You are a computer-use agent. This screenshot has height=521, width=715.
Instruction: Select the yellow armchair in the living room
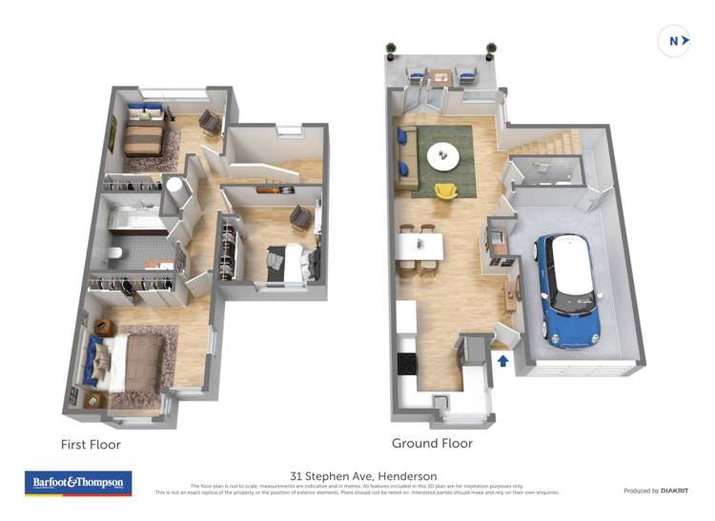click(445, 191)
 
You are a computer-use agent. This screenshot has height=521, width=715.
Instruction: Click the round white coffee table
click(441, 156)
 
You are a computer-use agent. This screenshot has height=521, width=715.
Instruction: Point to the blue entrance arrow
click(504, 360)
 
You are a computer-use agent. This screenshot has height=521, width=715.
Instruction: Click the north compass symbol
click(673, 41)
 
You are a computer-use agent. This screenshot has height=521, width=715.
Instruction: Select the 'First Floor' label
click(91, 445)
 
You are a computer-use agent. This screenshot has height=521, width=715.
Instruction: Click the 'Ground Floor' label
click(432, 444)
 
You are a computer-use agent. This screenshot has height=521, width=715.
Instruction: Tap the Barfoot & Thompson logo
click(77, 483)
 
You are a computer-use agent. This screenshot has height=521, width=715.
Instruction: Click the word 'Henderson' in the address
click(407, 476)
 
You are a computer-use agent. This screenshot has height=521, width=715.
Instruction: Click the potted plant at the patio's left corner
click(391, 50)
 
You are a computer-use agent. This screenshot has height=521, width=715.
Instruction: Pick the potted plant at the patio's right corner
click(491, 50)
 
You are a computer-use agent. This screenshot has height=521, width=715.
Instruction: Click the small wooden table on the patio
click(439, 77)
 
